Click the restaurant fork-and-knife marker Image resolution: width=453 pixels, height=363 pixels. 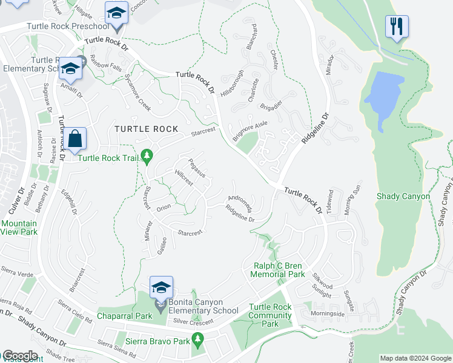(x=397, y=26)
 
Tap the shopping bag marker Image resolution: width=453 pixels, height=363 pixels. (x=75, y=139)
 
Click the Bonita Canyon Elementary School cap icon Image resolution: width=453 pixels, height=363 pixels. (x=162, y=287)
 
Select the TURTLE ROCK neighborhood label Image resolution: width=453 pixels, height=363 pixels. (x=147, y=129)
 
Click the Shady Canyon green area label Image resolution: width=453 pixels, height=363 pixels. (x=403, y=196)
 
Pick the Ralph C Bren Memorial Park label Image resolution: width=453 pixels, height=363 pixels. (x=278, y=269)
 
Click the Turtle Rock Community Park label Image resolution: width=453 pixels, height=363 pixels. (x=270, y=315)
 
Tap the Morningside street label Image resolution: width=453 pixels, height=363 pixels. (x=328, y=314)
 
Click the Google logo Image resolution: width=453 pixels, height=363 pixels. (x=19, y=356)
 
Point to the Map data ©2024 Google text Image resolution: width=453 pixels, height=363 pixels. (x=415, y=358)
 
